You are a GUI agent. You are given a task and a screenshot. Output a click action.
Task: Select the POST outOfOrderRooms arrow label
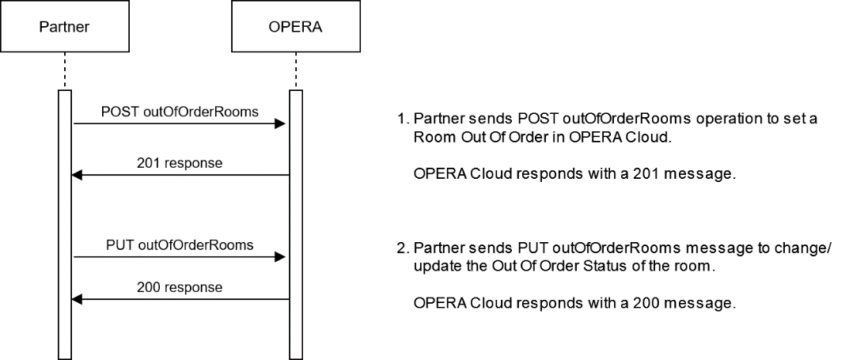180,112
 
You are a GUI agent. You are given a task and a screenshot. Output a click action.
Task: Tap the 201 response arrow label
180,164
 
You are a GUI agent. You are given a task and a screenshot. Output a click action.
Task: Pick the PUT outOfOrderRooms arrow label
180,244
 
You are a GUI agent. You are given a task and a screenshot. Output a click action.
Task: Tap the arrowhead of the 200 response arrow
78,299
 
